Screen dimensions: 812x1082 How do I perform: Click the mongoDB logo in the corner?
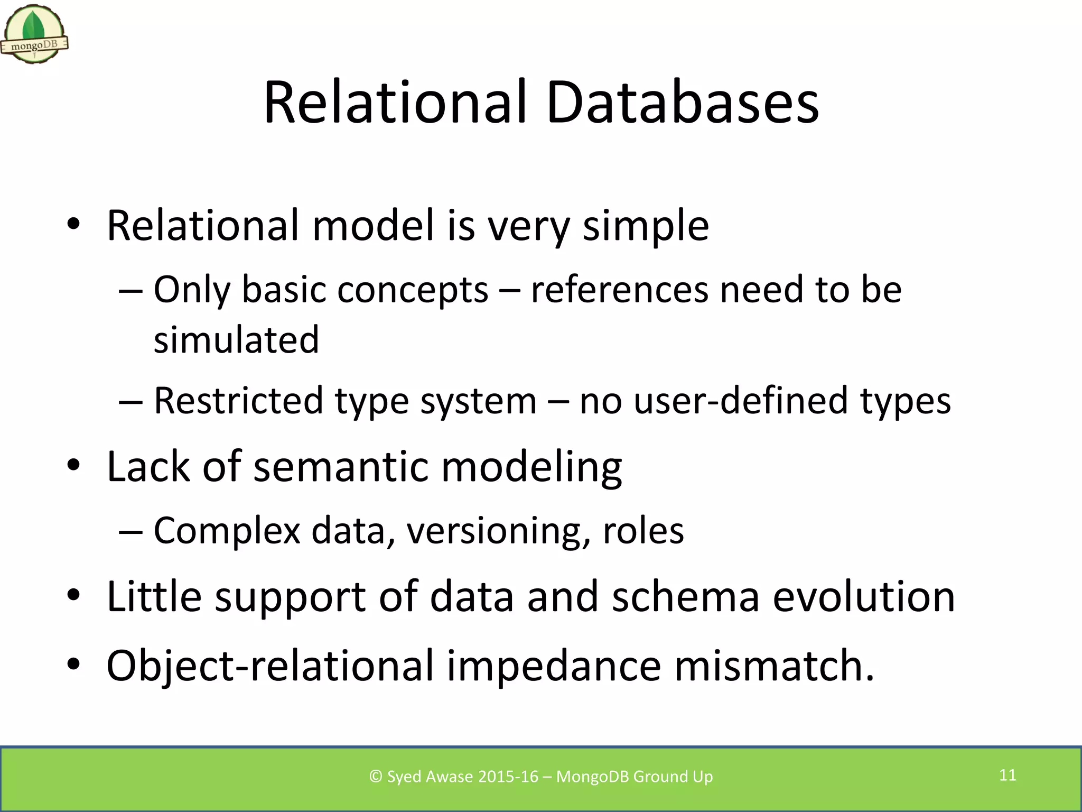click(x=34, y=35)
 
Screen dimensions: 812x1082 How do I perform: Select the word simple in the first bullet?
click(x=646, y=226)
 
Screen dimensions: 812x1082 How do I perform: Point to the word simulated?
click(x=236, y=340)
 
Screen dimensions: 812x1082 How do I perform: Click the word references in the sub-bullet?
click(x=619, y=290)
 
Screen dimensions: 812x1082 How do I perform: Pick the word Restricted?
click(x=238, y=400)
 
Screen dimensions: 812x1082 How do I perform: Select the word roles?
click(x=643, y=531)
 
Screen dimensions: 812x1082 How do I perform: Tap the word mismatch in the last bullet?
click(x=773, y=666)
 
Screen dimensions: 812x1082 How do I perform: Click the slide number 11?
click(x=1008, y=775)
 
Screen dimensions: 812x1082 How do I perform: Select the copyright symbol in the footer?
click(x=376, y=777)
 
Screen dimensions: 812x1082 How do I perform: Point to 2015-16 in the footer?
click(x=508, y=777)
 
